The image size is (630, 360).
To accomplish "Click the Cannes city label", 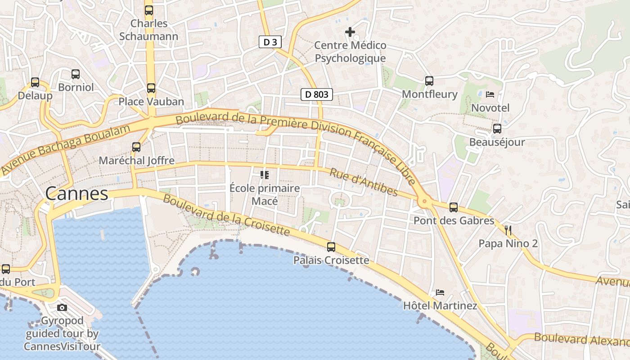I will click(x=76, y=193).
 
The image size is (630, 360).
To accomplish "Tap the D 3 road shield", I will click(x=270, y=42).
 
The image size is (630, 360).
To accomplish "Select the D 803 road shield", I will click(x=317, y=94).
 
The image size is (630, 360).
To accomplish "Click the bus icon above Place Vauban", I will click(x=151, y=88).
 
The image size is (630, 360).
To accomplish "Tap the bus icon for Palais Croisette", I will click(x=331, y=247).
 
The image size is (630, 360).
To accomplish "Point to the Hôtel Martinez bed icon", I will click(x=440, y=292).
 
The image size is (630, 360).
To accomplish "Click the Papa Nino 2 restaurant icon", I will click(x=508, y=230).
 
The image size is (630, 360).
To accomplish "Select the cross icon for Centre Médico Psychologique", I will click(x=350, y=32).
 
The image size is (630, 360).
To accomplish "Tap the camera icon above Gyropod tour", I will click(x=62, y=308).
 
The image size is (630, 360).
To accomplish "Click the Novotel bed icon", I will click(x=490, y=94).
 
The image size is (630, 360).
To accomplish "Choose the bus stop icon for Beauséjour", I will click(x=497, y=129).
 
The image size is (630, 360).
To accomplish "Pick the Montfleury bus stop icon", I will click(x=429, y=81).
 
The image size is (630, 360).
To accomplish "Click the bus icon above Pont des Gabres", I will click(x=454, y=207).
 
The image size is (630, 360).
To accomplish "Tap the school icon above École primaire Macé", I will click(x=265, y=175).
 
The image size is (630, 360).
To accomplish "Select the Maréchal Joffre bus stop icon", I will click(x=136, y=147).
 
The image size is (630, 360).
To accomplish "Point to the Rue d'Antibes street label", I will click(x=364, y=182).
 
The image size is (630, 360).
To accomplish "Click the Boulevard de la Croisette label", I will click(x=226, y=215).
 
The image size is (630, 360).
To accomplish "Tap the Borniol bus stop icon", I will click(x=76, y=74).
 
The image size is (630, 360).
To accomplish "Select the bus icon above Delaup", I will click(x=35, y=82).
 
